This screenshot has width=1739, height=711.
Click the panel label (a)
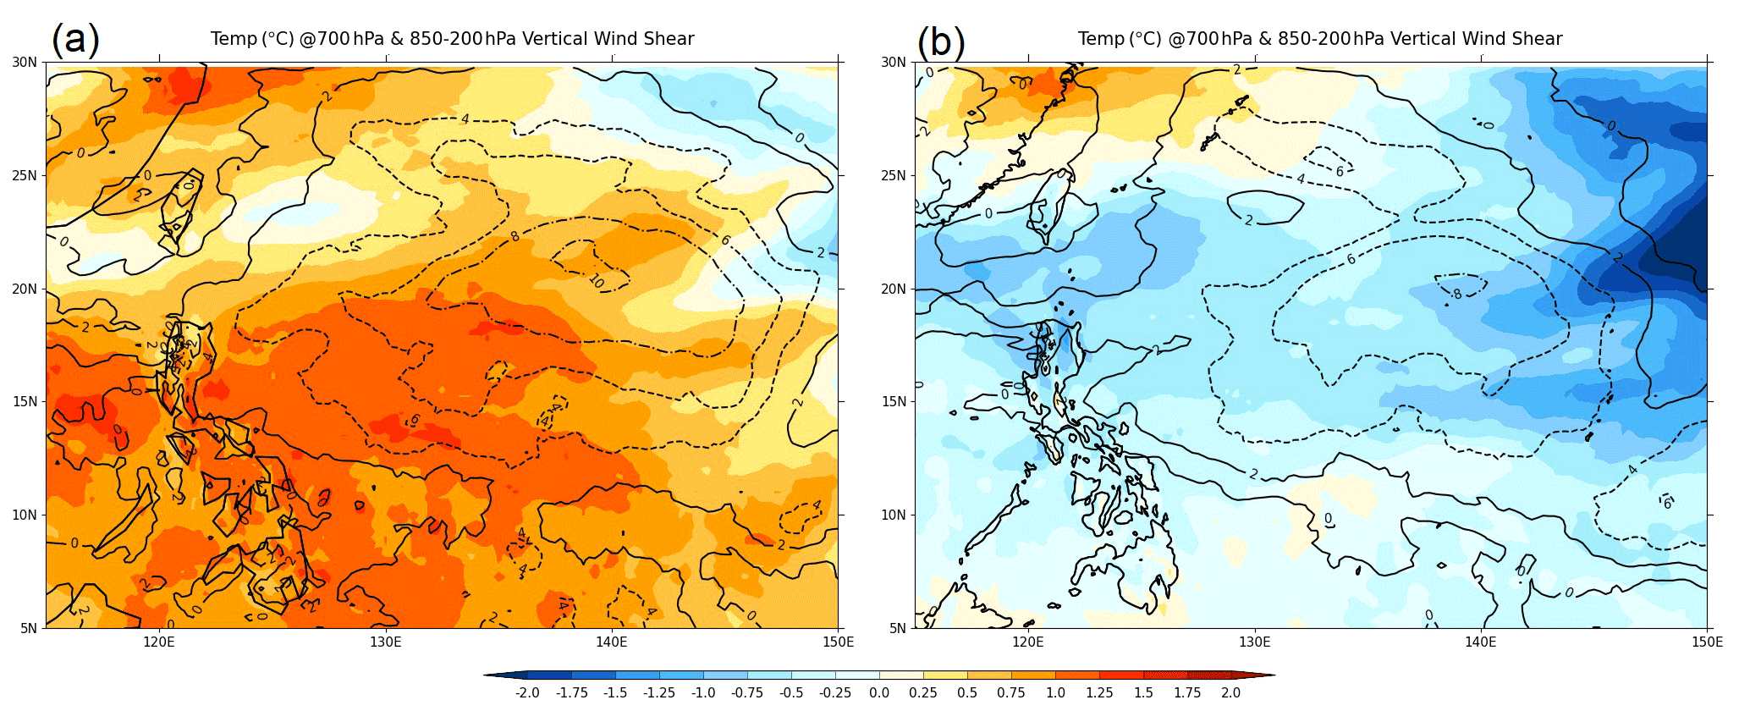coord(75,39)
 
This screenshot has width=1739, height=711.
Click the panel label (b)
coord(940,41)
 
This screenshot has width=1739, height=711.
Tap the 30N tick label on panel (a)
coord(25,62)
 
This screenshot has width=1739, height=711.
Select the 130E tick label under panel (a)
coord(385,642)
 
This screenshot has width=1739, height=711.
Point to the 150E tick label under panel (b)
coord(1707,642)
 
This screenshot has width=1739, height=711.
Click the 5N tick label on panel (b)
coord(897,628)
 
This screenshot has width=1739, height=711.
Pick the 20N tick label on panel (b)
coord(894,289)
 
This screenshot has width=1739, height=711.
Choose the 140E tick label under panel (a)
coord(611,642)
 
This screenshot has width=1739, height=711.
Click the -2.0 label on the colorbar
coord(526,692)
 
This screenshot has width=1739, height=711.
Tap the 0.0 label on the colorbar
coord(879,692)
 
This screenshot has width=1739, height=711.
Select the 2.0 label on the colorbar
coord(1230,692)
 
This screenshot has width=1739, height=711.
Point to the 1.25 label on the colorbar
coord(1098,692)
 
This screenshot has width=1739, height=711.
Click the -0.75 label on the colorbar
coord(746,692)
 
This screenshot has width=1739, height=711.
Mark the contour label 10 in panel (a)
coord(597,281)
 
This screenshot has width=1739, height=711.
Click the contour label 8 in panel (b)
coord(1457,294)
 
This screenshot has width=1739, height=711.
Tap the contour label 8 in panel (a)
coord(515,236)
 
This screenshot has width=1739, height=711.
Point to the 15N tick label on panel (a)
coord(25,402)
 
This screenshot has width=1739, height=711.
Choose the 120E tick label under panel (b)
coord(1028,642)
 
